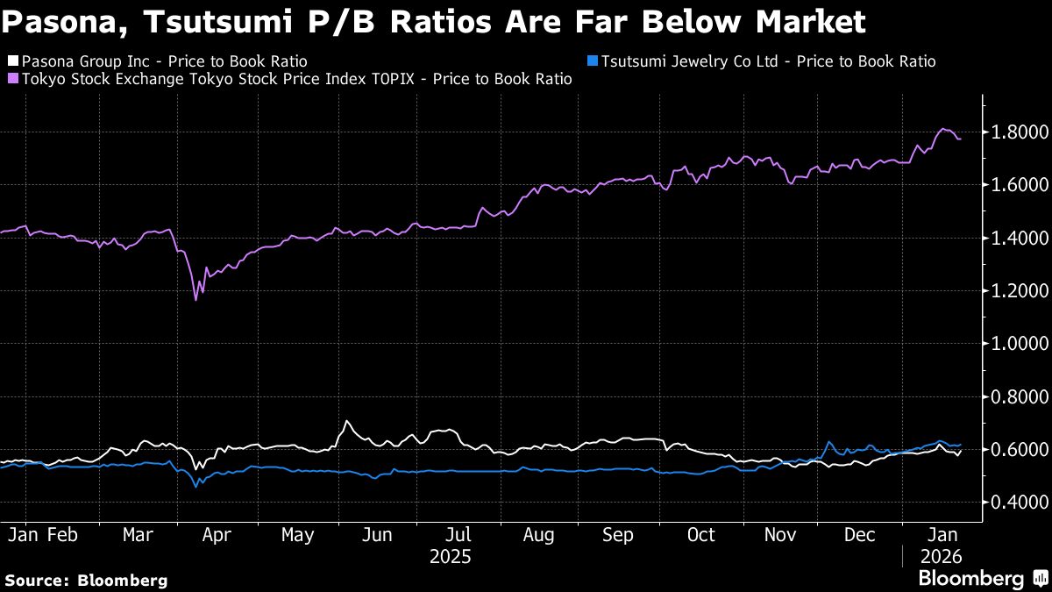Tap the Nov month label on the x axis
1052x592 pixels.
(x=779, y=535)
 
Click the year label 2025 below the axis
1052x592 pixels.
(x=451, y=557)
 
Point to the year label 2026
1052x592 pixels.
(x=941, y=557)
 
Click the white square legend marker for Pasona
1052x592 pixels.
(x=12, y=62)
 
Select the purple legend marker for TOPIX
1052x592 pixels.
(x=12, y=80)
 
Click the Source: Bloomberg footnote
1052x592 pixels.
(x=86, y=580)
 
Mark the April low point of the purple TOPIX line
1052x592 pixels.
(x=195, y=299)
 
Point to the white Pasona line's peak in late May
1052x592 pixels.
(x=346, y=422)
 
